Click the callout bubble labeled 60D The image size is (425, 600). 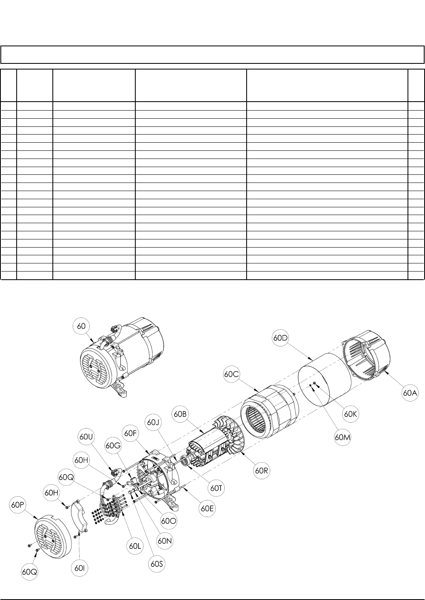280,338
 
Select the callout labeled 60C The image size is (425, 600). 231,374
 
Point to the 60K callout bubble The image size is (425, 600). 350,414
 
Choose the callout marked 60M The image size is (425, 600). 343,437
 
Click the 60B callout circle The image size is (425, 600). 180,414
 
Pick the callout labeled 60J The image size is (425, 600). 154,422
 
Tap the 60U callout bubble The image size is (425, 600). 86,437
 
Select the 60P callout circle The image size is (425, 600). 18,505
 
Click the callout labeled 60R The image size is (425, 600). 262,471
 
